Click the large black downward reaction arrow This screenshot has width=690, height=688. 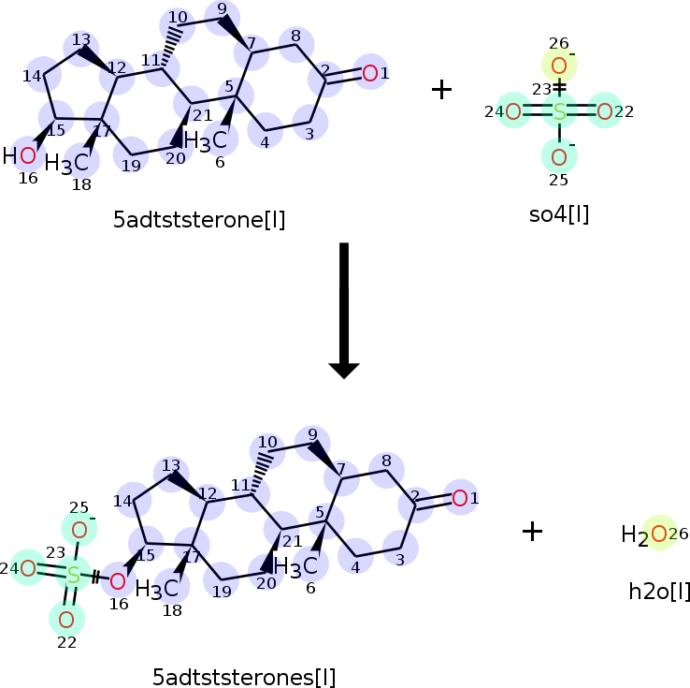tap(344, 310)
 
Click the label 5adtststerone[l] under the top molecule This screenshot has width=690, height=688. tap(199, 219)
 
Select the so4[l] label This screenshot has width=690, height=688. tap(559, 214)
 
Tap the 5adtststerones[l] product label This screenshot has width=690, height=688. tap(244, 677)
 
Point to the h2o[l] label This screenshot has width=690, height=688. tap(659, 591)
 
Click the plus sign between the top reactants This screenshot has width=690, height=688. tap(441, 90)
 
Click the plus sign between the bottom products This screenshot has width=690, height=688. tap(532, 531)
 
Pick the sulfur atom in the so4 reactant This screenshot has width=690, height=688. tap(559, 112)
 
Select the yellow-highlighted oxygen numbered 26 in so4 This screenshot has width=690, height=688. tap(559, 66)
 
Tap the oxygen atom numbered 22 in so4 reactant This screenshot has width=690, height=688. tap(605, 112)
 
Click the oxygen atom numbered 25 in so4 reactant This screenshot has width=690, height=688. tap(559, 157)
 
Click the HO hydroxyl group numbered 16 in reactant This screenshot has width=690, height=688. tap(20, 156)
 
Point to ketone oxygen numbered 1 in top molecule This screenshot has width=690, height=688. tap(370, 74)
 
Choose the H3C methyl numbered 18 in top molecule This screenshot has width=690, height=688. tap(67, 164)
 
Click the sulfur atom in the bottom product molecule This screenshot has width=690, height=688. tap(74, 576)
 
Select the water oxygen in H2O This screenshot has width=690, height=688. tap(659, 534)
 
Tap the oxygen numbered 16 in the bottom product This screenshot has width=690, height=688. tap(118, 582)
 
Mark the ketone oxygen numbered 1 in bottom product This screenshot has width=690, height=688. tap(460, 499)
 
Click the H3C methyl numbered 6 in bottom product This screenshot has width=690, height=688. tap(295, 566)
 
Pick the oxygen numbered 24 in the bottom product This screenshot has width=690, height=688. tap(28, 568)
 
